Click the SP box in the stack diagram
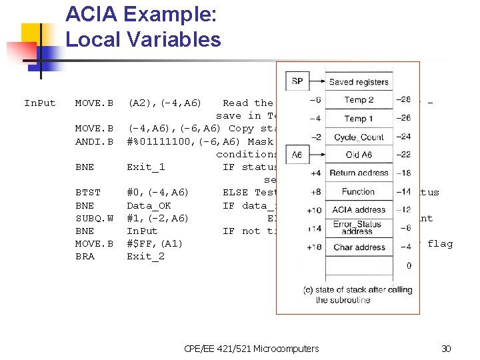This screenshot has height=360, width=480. click(297, 81)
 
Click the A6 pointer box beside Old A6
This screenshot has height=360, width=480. click(297, 155)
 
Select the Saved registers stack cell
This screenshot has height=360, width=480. click(359, 82)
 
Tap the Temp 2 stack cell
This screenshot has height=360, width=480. click(359, 100)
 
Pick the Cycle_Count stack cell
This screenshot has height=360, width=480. click(359, 137)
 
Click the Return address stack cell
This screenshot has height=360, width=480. click(359, 173)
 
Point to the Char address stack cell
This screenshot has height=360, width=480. click(359, 247)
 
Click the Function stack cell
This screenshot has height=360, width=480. click(359, 191)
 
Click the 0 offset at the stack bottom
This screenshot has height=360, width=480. click(408, 266)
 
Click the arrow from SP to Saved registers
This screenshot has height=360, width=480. click(317, 82)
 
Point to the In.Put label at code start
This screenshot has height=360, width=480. click(40, 103)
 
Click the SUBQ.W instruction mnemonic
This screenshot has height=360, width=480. click(94, 218)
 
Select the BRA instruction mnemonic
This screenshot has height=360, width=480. click(85, 256)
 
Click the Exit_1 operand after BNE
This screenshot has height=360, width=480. click(145, 167)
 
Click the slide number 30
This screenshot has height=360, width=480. click(446, 348)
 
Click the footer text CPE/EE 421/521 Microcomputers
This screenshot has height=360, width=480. click(251, 348)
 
